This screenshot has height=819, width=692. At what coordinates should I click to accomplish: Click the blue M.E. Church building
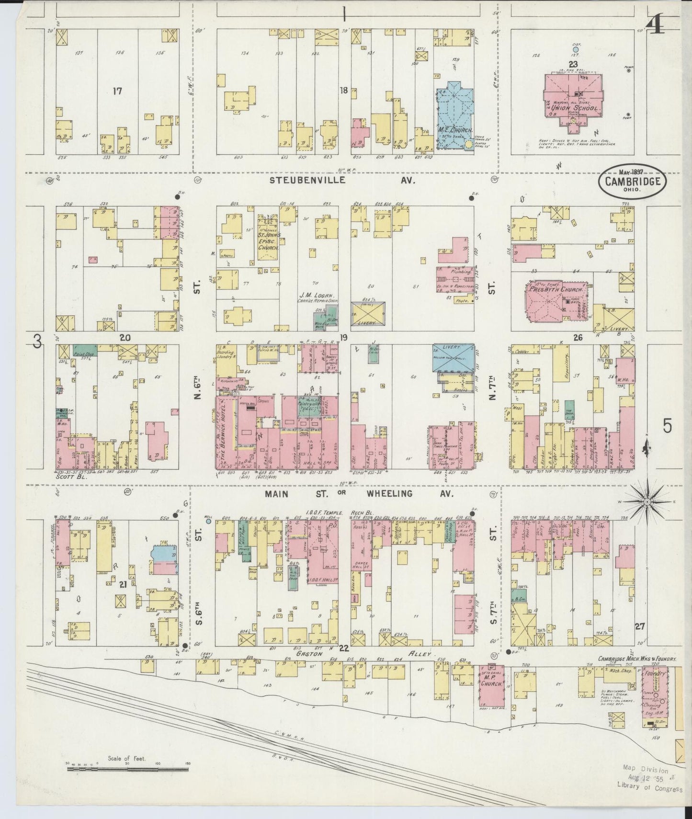[x=452, y=115]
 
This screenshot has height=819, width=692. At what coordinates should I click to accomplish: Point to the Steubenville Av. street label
[x=342, y=181]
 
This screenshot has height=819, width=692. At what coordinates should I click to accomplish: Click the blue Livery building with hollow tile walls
[x=453, y=357]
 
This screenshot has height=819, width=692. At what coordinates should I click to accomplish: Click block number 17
[x=117, y=91]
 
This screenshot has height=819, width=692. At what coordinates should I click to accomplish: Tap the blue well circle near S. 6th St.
[x=208, y=522]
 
